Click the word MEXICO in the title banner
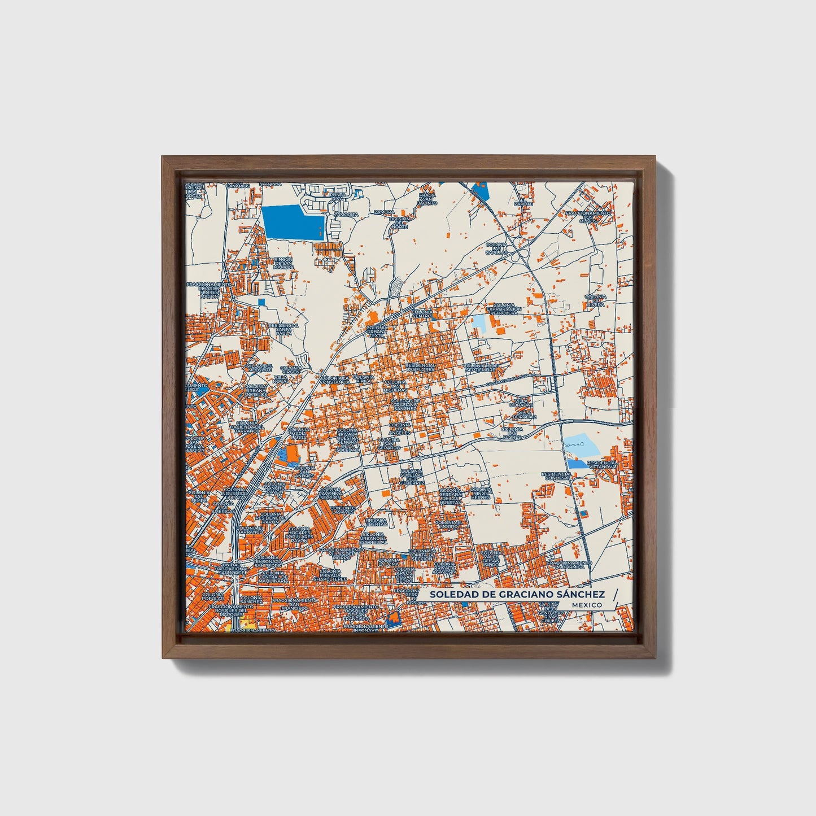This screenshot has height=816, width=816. [586, 605]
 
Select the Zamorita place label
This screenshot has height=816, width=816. [345, 215]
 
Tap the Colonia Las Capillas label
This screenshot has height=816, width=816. [496, 249]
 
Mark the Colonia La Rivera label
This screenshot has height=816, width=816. [595, 300]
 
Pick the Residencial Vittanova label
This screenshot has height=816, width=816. [603, 464]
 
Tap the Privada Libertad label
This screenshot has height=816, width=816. [376, 522]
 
